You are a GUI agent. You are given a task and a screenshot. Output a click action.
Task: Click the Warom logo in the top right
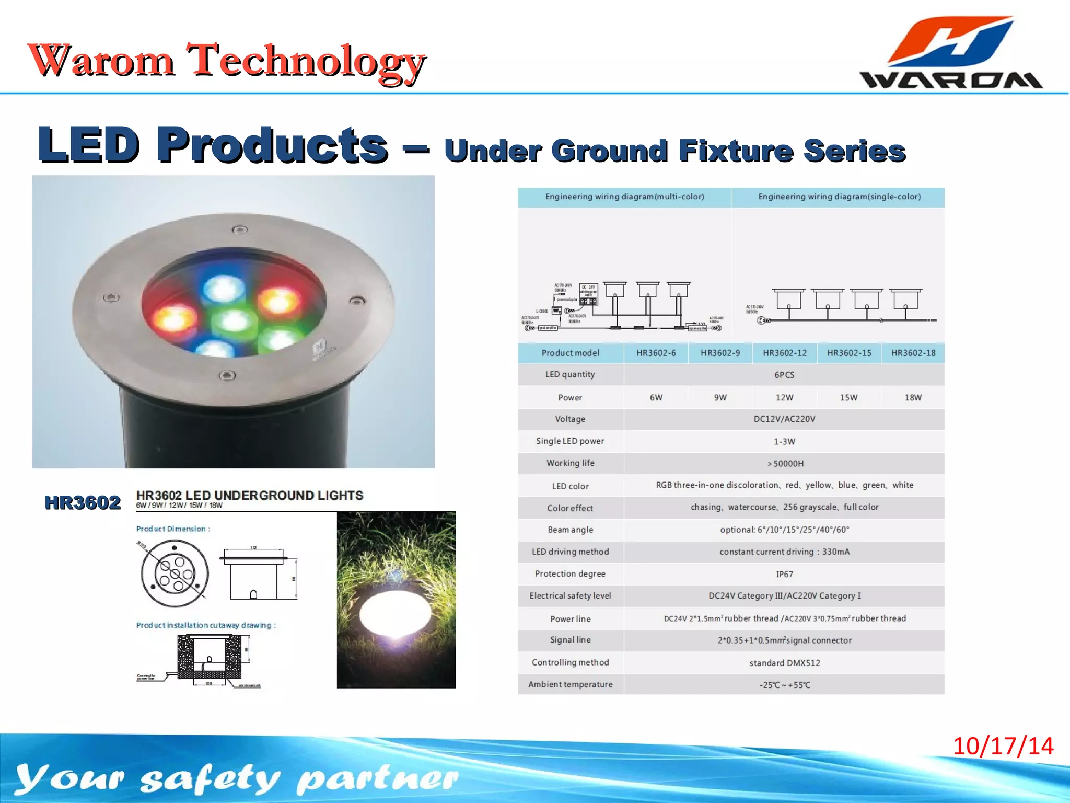951,52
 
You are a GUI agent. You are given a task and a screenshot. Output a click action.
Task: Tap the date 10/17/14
1003,746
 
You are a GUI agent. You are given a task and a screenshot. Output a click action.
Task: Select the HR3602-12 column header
784,353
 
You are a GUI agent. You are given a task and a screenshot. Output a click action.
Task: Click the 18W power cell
913,397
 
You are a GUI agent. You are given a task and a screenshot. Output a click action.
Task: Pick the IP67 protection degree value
784,574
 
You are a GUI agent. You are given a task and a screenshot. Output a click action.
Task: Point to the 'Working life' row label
570,463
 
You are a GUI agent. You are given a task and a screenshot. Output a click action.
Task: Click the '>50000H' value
785,464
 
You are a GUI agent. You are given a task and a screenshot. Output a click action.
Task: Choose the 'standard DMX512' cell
784,663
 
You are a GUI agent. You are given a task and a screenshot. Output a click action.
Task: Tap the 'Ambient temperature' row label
570,684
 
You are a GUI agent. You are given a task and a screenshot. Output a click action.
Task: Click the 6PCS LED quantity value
784,375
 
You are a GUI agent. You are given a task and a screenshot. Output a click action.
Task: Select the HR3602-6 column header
656,353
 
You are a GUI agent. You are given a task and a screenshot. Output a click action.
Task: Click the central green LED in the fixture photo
232,319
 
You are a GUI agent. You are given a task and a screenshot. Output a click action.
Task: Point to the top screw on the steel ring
239,230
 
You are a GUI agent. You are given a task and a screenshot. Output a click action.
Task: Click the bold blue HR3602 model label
83,502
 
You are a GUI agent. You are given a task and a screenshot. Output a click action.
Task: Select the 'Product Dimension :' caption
173,529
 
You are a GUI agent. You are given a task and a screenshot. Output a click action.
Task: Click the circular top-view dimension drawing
175,573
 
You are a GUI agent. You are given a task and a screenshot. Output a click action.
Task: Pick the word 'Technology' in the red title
306,61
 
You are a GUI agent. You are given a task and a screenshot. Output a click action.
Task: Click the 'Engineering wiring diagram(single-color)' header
839,197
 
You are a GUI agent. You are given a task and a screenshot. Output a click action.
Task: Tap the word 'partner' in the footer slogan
377,778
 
